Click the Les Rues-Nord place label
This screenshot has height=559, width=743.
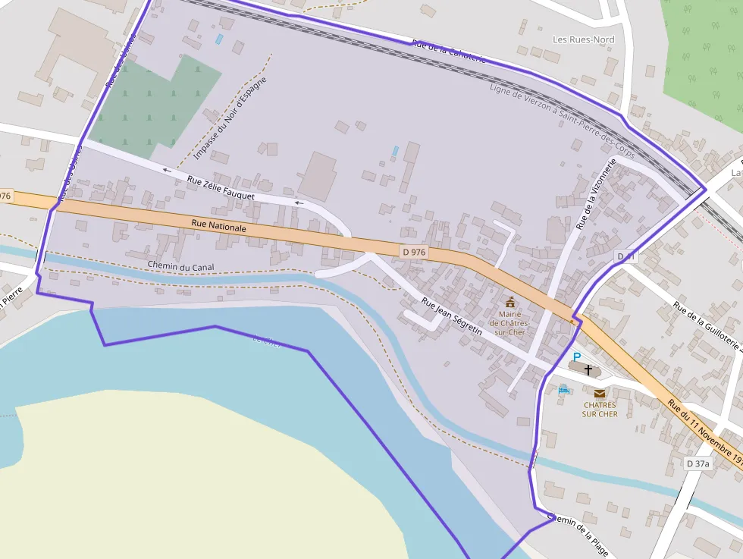click(583, 39)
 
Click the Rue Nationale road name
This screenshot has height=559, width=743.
click(219, 225)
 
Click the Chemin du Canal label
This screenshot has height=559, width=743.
click(181, 266)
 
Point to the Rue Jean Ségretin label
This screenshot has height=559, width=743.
click(452, 316)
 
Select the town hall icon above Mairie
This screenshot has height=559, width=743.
click(509, 302)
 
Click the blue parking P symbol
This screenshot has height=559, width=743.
click(576, 356)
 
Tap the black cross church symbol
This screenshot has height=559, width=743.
click(588, 369)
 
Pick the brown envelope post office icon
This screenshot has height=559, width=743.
click(600, 393)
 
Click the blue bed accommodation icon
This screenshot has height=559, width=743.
click(563, 390)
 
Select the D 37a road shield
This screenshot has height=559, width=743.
click(698, 463)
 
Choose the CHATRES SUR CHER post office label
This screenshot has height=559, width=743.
click(600, 410)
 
